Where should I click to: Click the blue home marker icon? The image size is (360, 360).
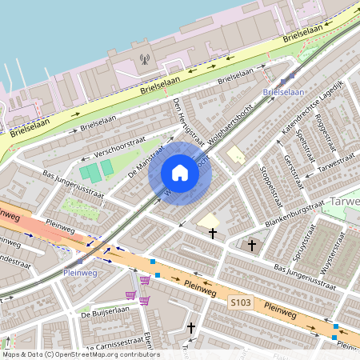180,173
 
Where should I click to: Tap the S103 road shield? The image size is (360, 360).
241,302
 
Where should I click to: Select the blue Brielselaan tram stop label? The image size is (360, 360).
284,92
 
